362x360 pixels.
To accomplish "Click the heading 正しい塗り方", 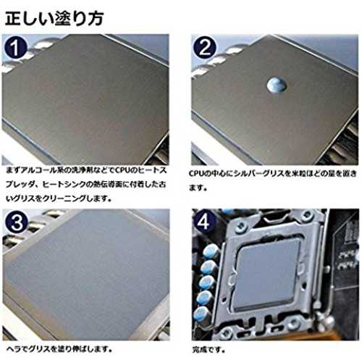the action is click(x=54, y=18).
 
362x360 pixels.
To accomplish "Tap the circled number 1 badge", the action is click(x=15, y=48).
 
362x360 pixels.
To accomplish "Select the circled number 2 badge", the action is click(x=205, y=48).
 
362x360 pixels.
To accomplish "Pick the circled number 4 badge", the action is click(x=203, y=222).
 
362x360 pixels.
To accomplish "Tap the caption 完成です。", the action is click(x=209, y=349).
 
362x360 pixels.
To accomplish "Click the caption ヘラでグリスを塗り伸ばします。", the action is click(x=59, y=348).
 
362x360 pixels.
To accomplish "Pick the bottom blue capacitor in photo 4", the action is click(x=201, y=314).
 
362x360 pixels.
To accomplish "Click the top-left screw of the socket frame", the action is click(x=240, y=227).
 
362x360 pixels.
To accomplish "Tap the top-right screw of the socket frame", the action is click(x=306, y=215).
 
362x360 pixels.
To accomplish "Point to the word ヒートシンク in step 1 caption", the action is click(x=64, y=185).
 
